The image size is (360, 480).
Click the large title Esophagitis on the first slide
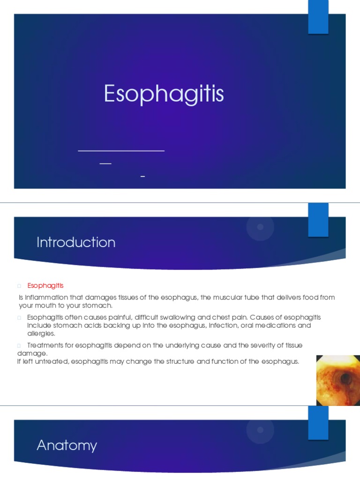[164, 94]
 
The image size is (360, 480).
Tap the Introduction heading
[76, 242]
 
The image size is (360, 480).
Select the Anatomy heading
[67, 445]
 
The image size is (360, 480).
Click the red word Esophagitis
[45, 285]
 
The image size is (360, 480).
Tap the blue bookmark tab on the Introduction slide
[318, 220]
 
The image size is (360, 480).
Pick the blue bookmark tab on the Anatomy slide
[318, 422]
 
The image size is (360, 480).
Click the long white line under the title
[121, 151]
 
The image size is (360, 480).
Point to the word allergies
[41, 333]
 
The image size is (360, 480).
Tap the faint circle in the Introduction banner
[261, 227]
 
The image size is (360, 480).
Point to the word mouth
[45, 306]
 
